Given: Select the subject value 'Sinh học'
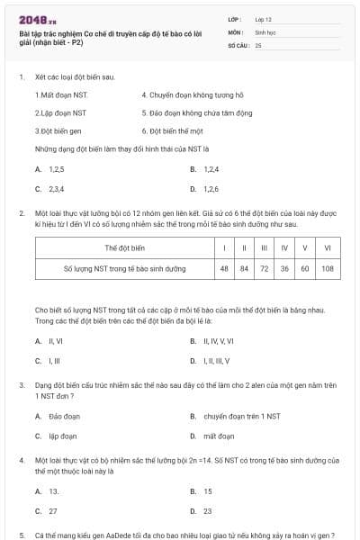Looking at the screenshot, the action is click(x=265, y=31).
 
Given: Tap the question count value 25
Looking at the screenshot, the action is click(x=258, y=44).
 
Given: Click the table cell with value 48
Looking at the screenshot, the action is click(x=223, y=268).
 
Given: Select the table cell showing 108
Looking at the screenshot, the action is click(x=327, y=268).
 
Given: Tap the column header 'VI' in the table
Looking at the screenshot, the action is click(x=327, y=247).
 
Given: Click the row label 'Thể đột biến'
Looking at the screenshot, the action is click(x=124, y=247).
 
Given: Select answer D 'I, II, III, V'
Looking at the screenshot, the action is click(x=217, y=361).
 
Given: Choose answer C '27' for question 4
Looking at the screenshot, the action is click(x=53, y=511).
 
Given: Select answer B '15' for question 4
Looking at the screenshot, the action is click(x=208, y=491).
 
